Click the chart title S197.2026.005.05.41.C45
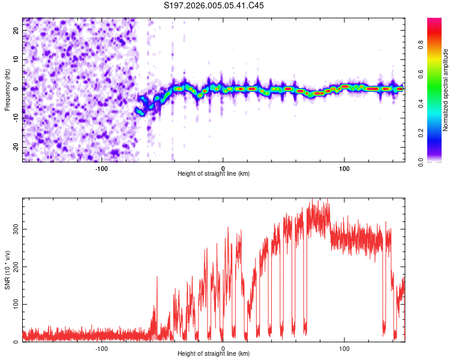click(x=214, y=5)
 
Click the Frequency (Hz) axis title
click(x=7, y=89)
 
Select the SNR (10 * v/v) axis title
click(x=7, y=269)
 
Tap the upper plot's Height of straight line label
click(x=214, y=173)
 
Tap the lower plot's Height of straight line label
click(x=214, y=353)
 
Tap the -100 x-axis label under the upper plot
click(x=101, y=168)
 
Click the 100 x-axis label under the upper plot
click(x=344, y=168)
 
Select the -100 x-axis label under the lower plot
click(x=101, y=349)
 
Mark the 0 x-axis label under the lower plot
click(x=223, y=349)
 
